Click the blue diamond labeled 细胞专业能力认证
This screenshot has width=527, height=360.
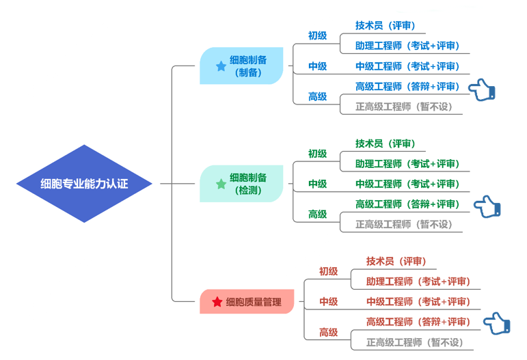(x=84, y=184)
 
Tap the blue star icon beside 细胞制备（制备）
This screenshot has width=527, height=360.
(x=221, y=66)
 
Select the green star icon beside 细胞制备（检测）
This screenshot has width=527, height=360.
(x=221, y=184)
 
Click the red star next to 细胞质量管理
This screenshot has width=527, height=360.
(x=217, y=302)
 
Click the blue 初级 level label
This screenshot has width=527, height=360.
(x=317, y=36)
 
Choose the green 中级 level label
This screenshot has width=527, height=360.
(x=317, y=184)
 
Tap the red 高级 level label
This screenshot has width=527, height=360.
(x=328, y=332)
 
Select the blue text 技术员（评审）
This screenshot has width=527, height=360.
(x=386, y=26)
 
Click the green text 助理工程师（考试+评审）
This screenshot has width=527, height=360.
(x=407, y=164)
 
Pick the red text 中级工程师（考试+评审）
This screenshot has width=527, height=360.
(x=418, y=301)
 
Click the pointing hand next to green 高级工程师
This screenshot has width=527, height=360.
(x=488, y=206)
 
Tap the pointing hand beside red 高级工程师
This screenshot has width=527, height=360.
(x=497, y=323)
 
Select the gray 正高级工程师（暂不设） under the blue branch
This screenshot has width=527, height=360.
(x=404, y=107)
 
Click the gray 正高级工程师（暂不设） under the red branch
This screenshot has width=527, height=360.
(x=415, y=342)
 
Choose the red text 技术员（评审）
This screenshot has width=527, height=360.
(x=396, y=261)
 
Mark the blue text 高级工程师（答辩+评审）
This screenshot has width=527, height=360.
(x=407, y=87)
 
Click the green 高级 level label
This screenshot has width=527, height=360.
(x=317, y=214)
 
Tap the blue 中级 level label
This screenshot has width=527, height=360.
(x=317, y=66)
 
